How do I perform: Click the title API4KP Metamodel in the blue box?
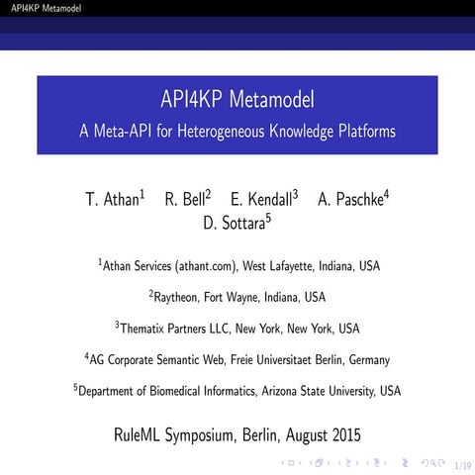(237, 100)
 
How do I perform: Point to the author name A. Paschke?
(349, 199)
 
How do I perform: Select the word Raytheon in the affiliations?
(177, 297)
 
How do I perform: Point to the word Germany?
(364, 360)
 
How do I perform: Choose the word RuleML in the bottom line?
(141, 433)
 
